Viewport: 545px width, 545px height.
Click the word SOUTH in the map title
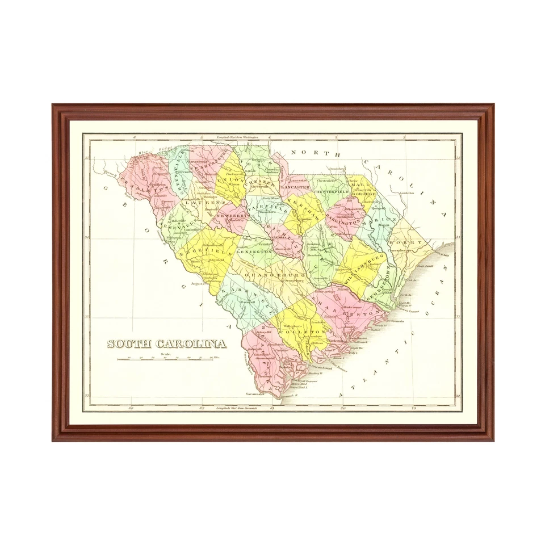click(x=127, y=343)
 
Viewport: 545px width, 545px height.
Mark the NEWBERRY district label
click(x=230, y=216)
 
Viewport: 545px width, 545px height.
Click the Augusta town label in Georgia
click(x=197, y=282)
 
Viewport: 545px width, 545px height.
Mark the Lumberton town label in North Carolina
click(x=408, y=193)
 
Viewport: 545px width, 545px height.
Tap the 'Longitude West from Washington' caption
click(x=238, y=137)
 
